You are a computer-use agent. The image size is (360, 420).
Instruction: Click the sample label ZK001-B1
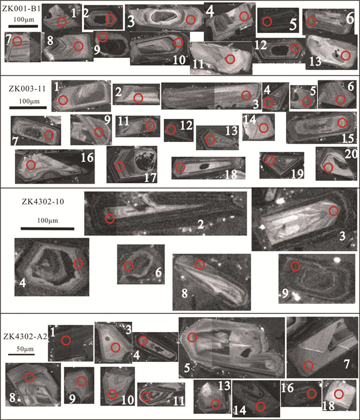(x=22, y=9)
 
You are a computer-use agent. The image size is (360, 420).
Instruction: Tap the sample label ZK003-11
(x=27, y=89)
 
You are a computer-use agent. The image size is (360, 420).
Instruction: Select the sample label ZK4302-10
(x=43, y=201)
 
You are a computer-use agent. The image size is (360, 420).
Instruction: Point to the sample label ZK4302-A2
(x=25, y=337)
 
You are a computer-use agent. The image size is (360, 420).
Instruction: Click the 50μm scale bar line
(x=22, y=354)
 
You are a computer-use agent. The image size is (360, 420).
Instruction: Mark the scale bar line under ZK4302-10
(x=47, y=229)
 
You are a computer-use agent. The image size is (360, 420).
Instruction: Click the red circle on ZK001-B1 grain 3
(x=191, y=20)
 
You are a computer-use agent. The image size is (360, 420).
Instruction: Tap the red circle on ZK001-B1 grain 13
(x=346, y=56)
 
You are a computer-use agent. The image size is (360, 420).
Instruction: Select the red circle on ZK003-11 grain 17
(x=120, y=167)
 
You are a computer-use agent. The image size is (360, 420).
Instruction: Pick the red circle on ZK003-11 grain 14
(x=264, y=128)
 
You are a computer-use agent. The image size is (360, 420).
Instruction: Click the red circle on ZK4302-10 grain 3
(x=333, y=211)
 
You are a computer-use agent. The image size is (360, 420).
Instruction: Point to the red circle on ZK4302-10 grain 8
(x=200, y=265)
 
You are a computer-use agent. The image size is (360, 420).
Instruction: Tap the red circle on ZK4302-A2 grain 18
(x=339, y=394)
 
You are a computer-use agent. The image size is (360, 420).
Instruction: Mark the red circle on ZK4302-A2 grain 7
(x=309, y=365)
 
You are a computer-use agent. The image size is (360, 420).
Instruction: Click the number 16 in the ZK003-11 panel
(x=87, y=157)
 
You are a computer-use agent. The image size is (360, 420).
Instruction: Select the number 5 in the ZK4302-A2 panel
(x=187, y=368)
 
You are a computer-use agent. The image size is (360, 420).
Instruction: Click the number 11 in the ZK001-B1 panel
(x=199, y=64)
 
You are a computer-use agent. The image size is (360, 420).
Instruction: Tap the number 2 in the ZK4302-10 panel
(x=201, y=224)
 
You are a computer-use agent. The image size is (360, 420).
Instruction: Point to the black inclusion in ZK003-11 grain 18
(x=205, y=167)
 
